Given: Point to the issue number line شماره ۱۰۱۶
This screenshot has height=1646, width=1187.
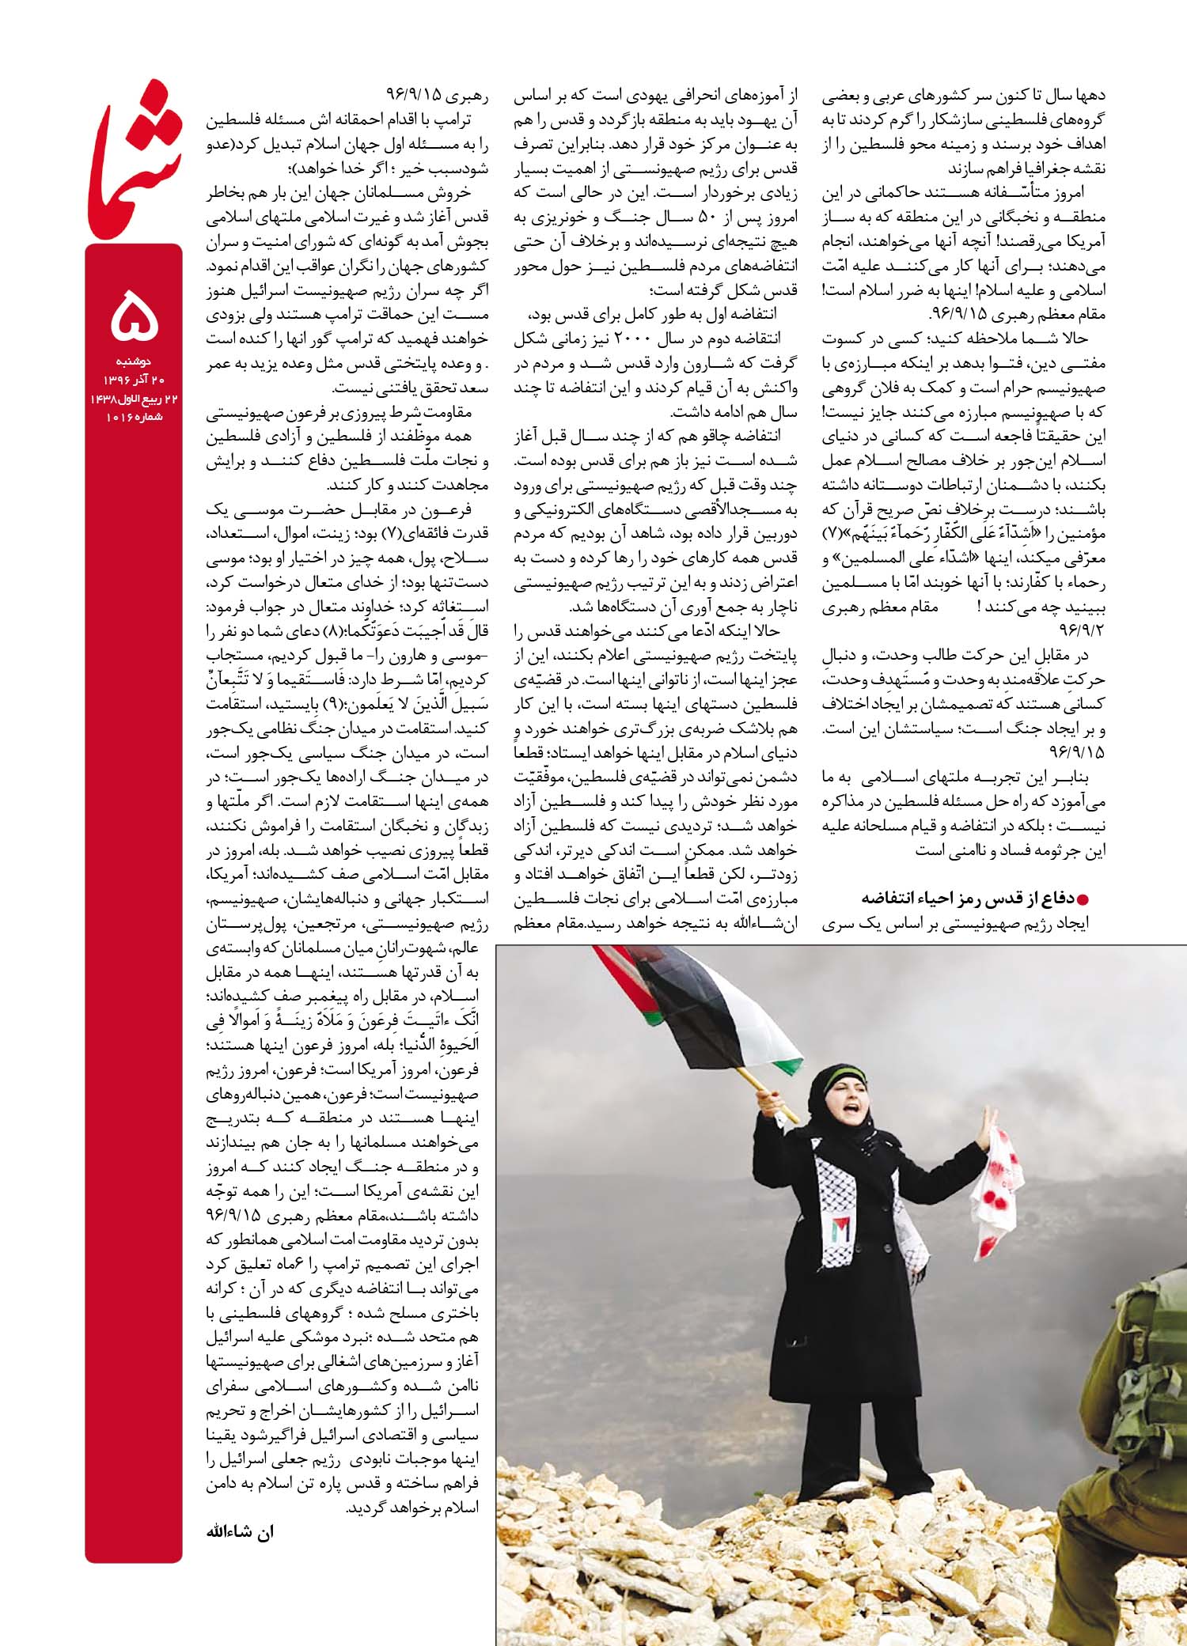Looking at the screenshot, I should point(133,416).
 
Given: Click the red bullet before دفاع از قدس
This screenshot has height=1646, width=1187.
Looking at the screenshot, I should point(1084,899).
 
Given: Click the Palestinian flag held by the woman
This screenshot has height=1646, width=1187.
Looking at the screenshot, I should point(696,1005).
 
